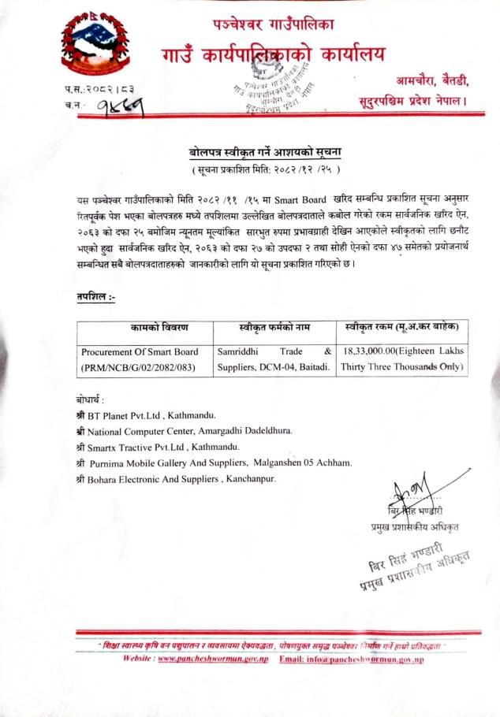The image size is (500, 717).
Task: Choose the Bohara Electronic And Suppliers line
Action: click(x=174, y=478)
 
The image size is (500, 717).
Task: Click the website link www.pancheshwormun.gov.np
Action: click(x=215, y=659)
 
